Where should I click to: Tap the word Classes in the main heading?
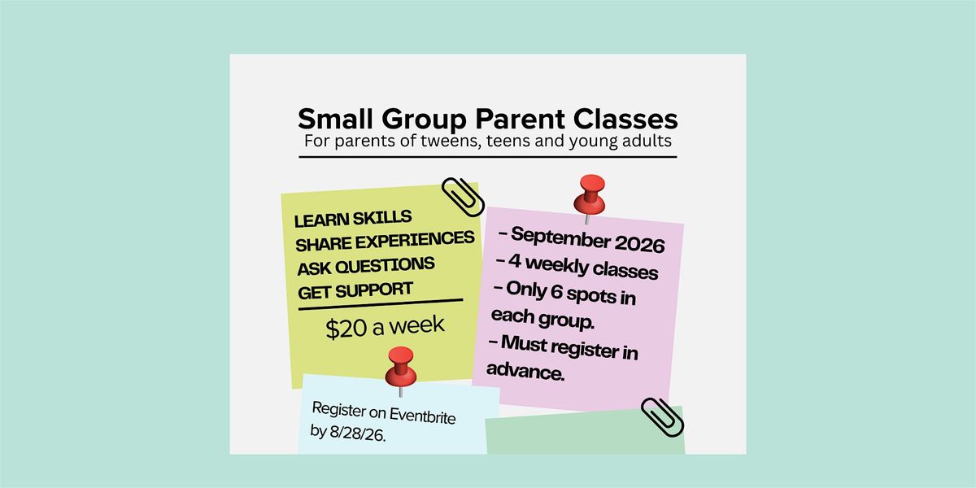(x=625, y=119)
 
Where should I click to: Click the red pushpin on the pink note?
(x=589, y=198)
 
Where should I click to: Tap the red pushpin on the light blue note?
(x=400, y=369)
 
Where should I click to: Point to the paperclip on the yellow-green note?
(x=463, y=197)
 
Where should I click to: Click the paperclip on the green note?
(x=662, y=417)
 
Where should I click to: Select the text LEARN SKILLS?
(x=353, y=218)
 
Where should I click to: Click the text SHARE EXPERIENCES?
(x=385, y=241)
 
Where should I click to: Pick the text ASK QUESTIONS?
(x=366, y=266)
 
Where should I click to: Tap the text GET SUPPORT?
(x=355, y=290)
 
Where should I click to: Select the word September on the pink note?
(x=560, y=237)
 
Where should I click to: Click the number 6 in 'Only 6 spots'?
(x=556, y=291)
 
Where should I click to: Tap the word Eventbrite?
(x=422, y=416)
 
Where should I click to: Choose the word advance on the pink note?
(x=525, y=371)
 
